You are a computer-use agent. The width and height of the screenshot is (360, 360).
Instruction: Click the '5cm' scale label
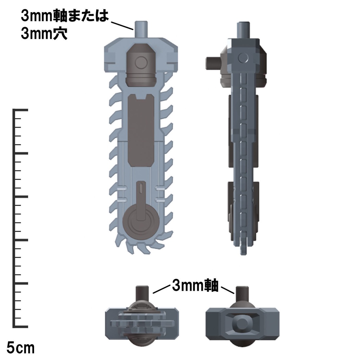[21, 348]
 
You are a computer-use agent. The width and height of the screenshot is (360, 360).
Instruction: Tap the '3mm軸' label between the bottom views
[195, 286]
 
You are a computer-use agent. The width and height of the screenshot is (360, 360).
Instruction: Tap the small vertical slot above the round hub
[141, 187]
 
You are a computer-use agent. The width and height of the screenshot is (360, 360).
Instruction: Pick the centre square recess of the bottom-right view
[242, 323]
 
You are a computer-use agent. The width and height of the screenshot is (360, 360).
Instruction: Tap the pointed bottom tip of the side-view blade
[243, 252]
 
